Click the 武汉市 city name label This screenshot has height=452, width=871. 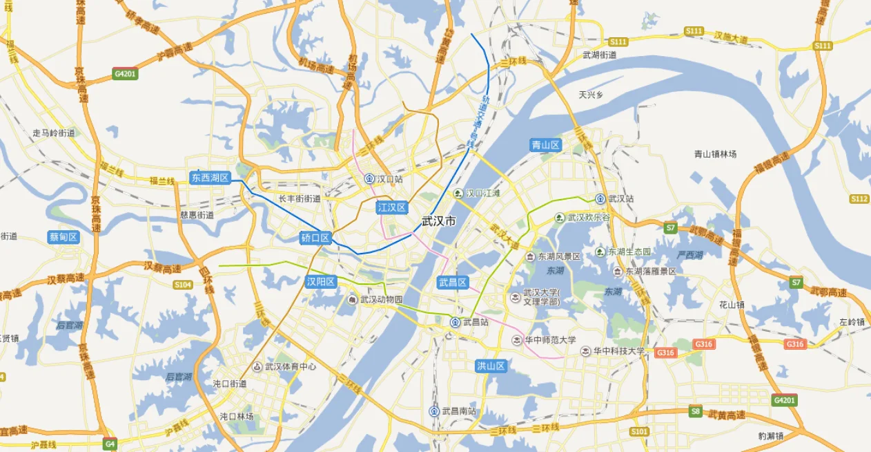point(439,221)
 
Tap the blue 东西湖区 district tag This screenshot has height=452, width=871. point(210,178)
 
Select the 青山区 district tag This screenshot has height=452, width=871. point(546,145)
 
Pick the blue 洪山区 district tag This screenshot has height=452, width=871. point(491,366)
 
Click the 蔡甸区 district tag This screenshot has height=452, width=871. point(63,237)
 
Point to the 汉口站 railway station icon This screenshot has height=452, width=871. point(369,178)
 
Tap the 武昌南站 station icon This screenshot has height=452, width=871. point(434,411)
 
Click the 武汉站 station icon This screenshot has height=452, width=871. point(600,198)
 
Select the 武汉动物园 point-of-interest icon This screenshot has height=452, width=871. point(352,299)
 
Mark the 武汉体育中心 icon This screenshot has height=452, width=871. point(257,366)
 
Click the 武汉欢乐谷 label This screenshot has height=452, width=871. point(589,218)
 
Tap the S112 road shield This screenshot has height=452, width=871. point(859,199)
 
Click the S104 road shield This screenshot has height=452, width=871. point(183,284)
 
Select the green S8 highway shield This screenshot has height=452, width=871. point(696,411)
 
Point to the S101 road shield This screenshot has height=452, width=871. point(640,431)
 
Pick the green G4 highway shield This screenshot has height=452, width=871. point(109,442)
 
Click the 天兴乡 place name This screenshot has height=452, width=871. point(591,95)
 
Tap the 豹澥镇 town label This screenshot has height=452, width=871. point(771,436)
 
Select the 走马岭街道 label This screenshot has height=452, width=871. point(54,133)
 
